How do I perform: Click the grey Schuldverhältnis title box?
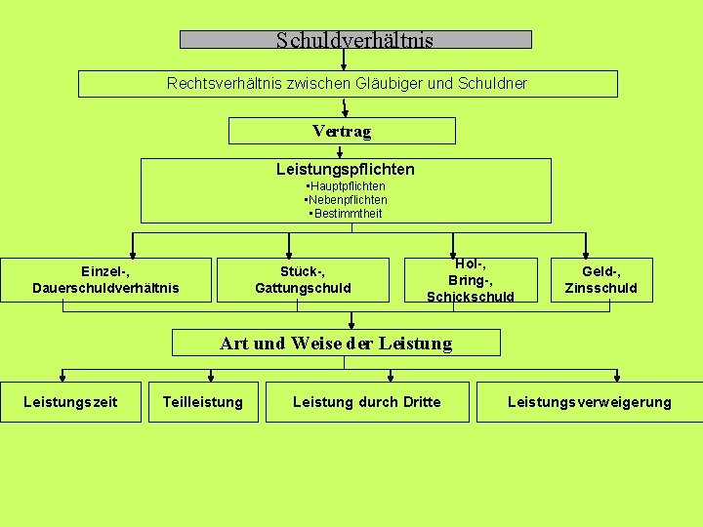[x=355, y=40]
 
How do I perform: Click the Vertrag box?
[x=342, y=131]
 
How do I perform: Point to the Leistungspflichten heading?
[x=346, y=169]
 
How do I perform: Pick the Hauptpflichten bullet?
[x=347, y=186]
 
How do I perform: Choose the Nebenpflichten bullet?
[x=347, y=200]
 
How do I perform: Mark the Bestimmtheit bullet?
[x=347, y=214]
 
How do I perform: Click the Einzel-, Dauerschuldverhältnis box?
[x=105, y=279]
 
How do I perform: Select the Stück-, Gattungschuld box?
[x=303, y=279]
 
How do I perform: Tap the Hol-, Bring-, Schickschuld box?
[x=471, y=279]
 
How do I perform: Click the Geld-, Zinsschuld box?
[x=601, y=279]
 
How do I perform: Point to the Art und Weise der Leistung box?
[x=336, y=343]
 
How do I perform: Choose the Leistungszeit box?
[x=70, y=401]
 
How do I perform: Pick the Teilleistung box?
[x=203, y=401]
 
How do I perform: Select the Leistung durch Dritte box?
[x=367, y=401]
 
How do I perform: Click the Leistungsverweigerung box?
[x=590, y=401]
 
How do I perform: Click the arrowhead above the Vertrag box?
[x=344, y=111]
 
